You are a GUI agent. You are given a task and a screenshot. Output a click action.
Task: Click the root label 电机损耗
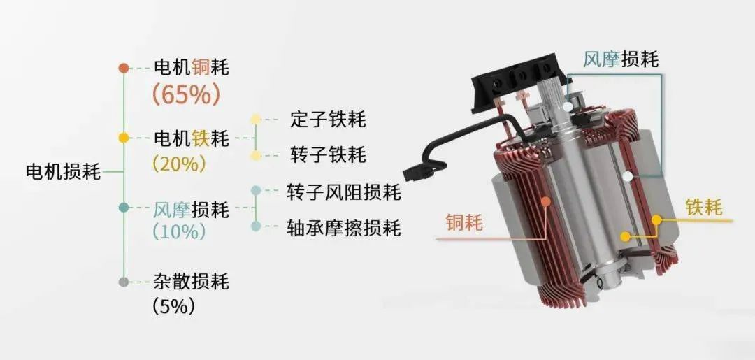click(63, 172)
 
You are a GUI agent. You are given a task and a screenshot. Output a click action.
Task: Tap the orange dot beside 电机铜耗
click(124, 69)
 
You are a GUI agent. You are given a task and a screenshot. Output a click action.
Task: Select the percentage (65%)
click(186, 94)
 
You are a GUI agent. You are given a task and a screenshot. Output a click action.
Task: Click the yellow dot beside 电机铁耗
click(124, 138)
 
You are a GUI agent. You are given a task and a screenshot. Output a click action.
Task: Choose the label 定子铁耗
click(328, 120)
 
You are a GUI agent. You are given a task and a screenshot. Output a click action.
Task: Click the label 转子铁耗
click(328, 155)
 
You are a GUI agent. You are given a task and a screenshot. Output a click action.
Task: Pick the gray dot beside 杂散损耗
click(124, 282)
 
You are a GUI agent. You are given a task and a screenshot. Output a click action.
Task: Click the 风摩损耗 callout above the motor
click(621, 59)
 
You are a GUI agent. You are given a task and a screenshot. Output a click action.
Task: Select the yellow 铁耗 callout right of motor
click(703, 208)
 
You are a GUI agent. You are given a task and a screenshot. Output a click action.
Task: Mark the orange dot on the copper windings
click(545, 201)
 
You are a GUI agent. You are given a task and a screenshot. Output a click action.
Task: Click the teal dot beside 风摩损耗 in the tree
click(124, 208)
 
